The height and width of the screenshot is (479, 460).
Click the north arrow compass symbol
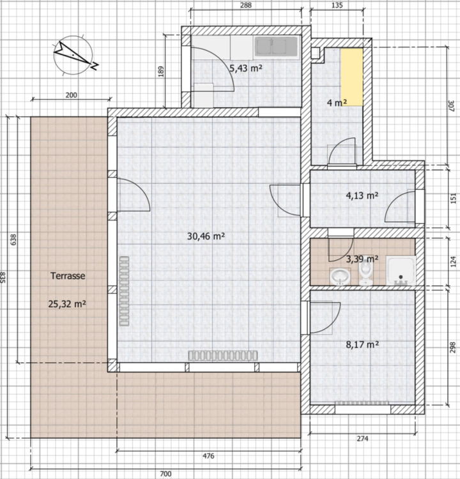[74, 54]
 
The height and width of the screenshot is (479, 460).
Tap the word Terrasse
[67, 276]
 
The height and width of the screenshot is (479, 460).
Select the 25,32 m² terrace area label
[67, 304]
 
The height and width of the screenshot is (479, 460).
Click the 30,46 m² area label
[206, 236]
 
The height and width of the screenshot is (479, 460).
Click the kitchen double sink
[277, 46]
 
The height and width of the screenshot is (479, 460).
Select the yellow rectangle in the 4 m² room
[351, 77]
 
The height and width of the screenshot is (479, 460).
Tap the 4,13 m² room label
[362, 195]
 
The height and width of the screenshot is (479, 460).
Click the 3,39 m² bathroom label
[362, 259]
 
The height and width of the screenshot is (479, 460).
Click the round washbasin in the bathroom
[339, 277]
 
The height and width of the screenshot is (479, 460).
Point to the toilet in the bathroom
[365, 275]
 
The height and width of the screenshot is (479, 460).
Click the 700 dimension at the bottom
[166, 473]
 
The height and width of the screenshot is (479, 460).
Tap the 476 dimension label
[208, 456]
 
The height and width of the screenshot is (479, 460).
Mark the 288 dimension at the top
[246, 5]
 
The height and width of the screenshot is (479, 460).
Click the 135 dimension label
[338, 5]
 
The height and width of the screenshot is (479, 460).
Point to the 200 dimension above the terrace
[71, 95]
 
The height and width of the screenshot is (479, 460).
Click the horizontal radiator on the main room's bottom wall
[222, 355]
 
